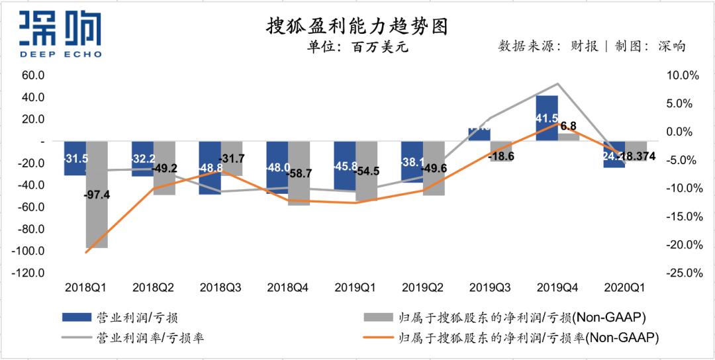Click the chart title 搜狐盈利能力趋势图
click(x=357, y=26)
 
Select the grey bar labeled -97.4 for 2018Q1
click(x=97, y=212)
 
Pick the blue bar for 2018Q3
click(x=210, y=168)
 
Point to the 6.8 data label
click(x=568, y=126)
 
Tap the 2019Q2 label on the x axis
click(x=423, y=288)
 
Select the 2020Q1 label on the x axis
click(x=624, y=288)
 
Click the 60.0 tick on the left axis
click(x=32, y=75)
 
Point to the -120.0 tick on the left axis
click(x=30, y=273)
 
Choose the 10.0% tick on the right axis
click(x=683, y=75)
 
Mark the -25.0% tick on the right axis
click(x=681, y=273)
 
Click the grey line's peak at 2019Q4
click(x=557, y=84)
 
